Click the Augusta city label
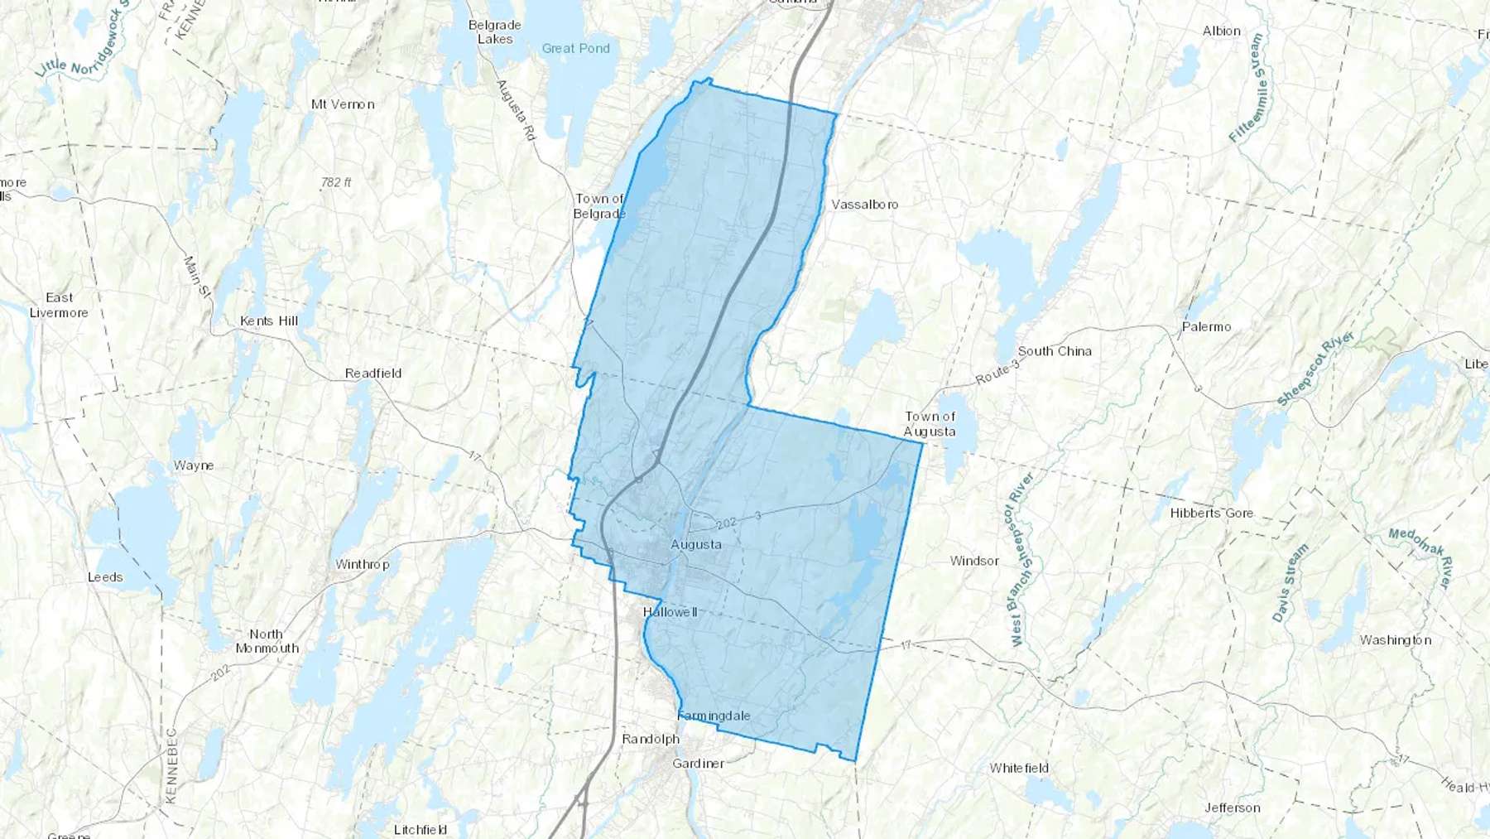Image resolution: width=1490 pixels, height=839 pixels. tap(696, 544)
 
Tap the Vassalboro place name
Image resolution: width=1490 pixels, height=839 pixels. tap(864, 205)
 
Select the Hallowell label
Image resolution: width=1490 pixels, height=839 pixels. tap(670, 612)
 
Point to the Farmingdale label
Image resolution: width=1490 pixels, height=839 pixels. tap(714, 716)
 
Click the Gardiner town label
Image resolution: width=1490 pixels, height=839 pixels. tap(698, 764)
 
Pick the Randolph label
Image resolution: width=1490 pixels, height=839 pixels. tap(651, 739)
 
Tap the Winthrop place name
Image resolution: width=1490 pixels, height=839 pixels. tap(362, 564)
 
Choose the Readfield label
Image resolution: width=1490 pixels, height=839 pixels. tap(373, 374)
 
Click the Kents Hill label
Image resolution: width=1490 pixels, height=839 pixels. tap(269, 321)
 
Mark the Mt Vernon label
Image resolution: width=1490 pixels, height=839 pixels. tap(343, 104)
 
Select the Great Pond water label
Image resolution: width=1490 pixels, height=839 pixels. tap(575, 49)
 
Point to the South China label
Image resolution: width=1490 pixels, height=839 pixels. tap(1055, 351)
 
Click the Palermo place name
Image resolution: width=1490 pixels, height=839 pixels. tap(1206, 327)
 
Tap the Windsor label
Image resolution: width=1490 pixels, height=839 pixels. tap(974, 561)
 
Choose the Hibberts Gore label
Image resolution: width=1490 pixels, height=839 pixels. tap(1211, 514)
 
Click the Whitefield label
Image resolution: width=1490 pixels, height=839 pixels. tap(1019, 768)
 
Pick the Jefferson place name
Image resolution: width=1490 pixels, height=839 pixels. tap(1233, 808)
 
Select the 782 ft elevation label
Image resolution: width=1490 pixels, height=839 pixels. tap(336, 182)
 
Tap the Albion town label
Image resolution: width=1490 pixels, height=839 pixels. tap(1221, 31)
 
